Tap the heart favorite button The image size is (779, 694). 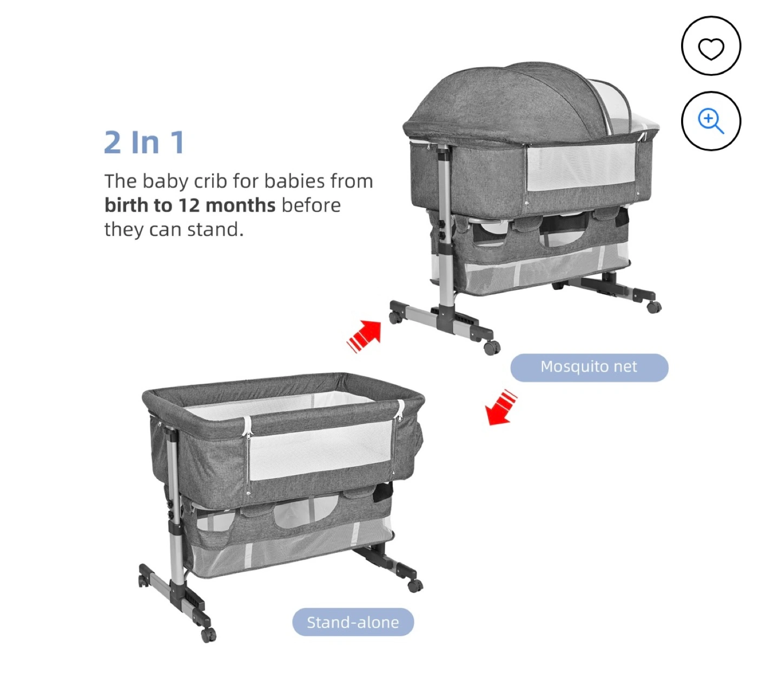710,45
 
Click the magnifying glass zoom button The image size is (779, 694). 710,120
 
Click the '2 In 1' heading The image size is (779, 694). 144,143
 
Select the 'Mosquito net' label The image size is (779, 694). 589,367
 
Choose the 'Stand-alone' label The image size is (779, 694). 353,622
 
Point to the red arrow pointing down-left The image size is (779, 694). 500,407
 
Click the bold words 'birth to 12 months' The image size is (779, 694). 190,206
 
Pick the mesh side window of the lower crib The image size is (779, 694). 321,450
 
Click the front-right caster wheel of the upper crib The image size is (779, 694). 492,348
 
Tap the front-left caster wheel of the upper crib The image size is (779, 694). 395,317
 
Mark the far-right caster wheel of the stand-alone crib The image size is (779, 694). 415,586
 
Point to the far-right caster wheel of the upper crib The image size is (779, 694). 654,307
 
